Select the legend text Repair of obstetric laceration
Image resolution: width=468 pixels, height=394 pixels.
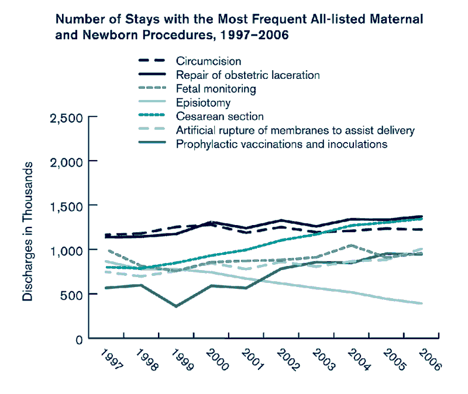click(x=247, y=75)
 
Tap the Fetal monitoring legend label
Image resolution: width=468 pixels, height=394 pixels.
click(x=216, y=89)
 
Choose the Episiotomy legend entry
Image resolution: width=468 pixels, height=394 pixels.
click(x=203, y=103)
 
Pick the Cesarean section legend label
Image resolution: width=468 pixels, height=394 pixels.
click(x=219, y=116)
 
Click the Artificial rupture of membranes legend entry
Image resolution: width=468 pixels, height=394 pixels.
click(x=295, y=130)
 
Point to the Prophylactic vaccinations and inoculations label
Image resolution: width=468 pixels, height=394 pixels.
click(x=281, y=144)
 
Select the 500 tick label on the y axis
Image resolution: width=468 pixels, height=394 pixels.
click(x=73, y=294)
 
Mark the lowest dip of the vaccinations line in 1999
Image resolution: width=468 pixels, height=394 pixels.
click(x=176, y=306)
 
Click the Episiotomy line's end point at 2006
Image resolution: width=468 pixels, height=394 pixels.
click(x=422, y=303)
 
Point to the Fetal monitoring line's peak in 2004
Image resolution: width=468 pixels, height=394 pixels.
click(x=350, y=246)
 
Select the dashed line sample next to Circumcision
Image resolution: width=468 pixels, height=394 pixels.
click(x=151, y=61)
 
